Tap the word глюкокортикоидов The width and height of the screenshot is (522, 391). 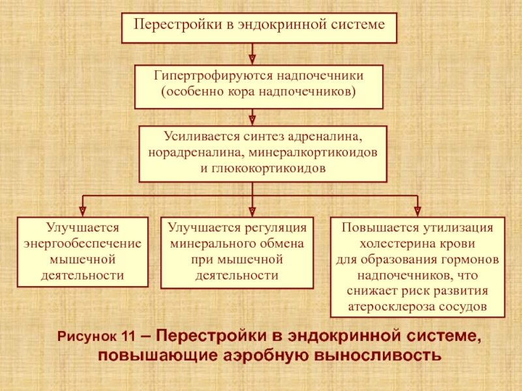(x=269, y=168)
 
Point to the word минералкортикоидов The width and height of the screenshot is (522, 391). (x=313, y=152)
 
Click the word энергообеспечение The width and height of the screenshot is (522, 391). (x=83, y=243)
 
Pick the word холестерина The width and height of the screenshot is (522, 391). (x=390, y=243)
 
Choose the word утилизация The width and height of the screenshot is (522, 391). (x=459, y=227)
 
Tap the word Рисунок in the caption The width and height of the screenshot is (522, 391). (x=87, y=336)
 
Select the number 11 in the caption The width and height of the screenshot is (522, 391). (x=129, y=336)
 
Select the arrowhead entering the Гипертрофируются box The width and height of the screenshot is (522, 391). (x=253, y=59)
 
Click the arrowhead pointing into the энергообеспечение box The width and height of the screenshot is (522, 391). (x=83, y=211)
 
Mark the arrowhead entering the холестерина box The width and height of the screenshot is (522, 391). (x=418, y=211)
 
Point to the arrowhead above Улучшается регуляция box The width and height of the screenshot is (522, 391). (x=253, y=211)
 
